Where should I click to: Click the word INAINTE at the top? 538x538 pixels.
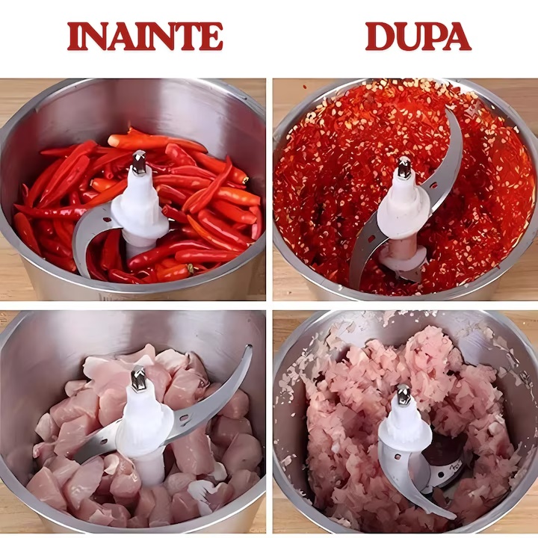[145, 37]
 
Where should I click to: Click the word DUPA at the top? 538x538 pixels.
[418, 37]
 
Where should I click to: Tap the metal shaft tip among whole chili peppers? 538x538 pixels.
[139, 163]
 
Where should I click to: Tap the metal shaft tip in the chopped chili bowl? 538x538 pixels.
[404, 167]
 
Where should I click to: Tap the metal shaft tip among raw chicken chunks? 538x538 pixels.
[138, 378]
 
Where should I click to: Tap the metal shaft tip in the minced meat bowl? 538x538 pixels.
[403, 395]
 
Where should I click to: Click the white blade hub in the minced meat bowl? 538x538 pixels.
[405, 429]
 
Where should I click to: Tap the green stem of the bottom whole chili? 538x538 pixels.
[190, 269]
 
